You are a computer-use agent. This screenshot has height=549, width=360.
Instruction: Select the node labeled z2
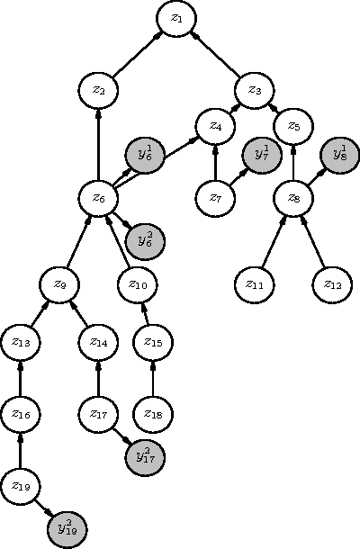[x=98, y=89]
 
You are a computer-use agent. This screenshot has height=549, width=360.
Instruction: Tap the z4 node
[x=215, y=126]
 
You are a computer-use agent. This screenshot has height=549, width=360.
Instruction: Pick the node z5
[x=292, y=126]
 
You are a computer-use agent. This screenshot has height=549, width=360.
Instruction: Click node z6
[x=98, y=197]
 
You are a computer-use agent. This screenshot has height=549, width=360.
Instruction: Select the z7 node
[x=215, y=197]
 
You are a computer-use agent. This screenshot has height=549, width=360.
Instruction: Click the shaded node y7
[x=261, y=155]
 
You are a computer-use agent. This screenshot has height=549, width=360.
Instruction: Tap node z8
[x=292, y=197]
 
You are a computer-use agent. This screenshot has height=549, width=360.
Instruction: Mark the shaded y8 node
[x=339, y=155]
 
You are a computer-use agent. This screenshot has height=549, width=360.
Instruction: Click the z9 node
[x=59, y=284]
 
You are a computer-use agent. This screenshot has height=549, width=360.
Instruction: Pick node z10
[x=138, y=284]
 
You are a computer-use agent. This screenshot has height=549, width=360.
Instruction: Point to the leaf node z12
[x=331, y=284]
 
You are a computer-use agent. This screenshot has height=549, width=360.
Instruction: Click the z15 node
[x=153, y=342]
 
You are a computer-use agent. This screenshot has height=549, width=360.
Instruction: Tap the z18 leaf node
[x=153, y=413]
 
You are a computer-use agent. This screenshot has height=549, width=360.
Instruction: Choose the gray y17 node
[x=142, y=455]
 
